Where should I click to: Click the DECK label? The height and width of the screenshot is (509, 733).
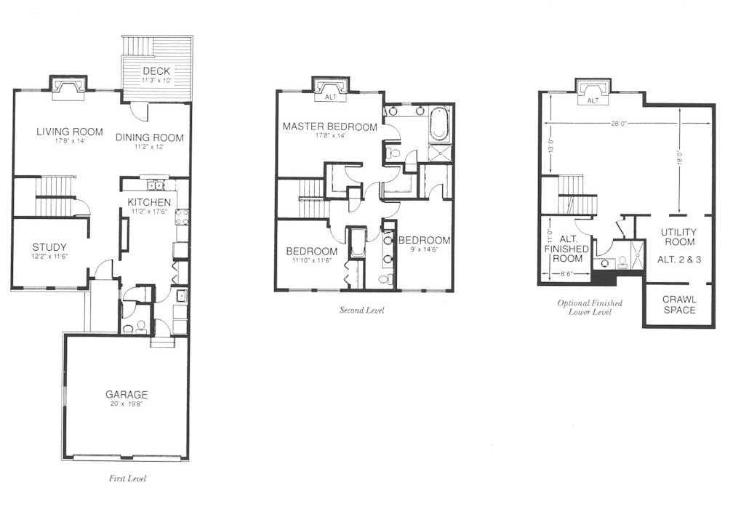[156, 71]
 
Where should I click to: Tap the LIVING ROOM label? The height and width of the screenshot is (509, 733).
[70, 132]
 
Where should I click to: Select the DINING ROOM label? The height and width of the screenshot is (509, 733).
[150, 137]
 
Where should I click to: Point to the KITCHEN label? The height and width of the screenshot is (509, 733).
[149, 202]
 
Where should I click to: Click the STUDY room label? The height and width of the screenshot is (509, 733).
[49, 247]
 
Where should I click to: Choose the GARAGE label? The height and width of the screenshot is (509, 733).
[127, 395]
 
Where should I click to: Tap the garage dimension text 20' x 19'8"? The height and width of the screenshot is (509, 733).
[127, 404]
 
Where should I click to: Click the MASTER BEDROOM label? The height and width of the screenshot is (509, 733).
[329, 127]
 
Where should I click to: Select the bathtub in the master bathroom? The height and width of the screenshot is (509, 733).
[439, 124]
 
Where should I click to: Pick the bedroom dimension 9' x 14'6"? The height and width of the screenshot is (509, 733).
[424, 249]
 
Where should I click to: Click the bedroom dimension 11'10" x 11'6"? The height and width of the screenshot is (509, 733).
[312, 260]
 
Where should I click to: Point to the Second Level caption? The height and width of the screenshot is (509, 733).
[362, 310]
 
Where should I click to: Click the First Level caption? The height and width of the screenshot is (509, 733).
[128, 478]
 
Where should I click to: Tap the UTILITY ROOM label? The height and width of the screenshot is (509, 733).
[678, 237]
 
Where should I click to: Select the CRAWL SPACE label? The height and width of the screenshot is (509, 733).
[679, 305]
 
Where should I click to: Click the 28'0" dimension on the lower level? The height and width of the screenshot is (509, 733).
[618, 124]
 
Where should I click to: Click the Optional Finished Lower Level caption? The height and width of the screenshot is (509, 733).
[590, 307]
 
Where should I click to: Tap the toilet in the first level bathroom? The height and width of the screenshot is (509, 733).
[140, 326]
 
